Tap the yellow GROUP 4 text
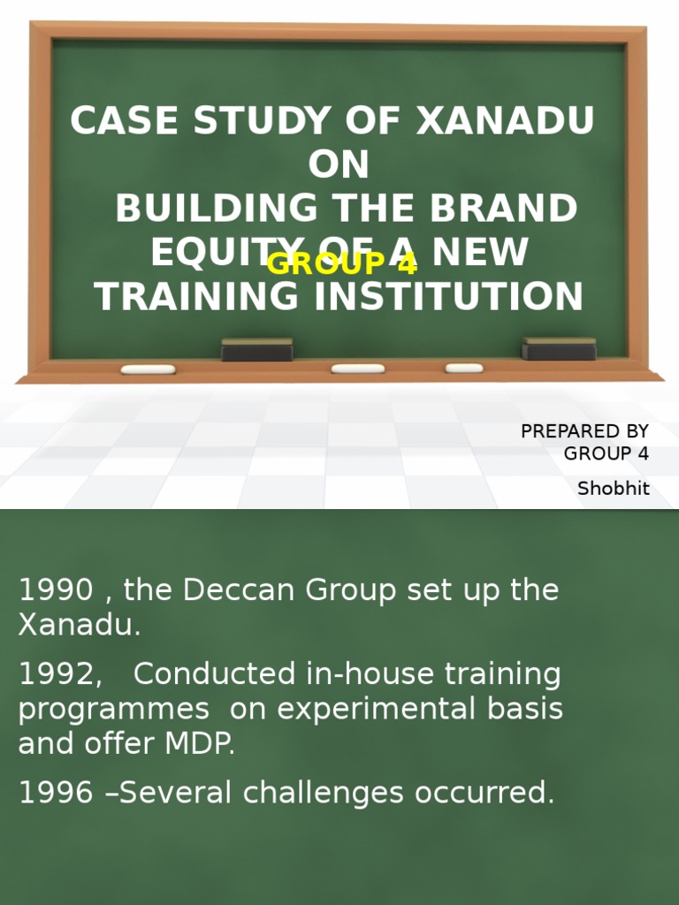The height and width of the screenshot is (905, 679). pyautogui.click(x=341, y=263)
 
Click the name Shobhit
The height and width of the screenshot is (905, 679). pyautogui.click(x=613, y=488)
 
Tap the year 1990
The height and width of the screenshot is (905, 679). pyautogui.click(x=55, y=590)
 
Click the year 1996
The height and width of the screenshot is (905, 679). pyautogui.click(x=55, y=793)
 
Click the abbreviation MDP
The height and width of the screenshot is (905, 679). pyautogui.click(x=201, y=743)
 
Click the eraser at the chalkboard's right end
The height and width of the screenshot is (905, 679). pyautogui.click(x=559, y=349)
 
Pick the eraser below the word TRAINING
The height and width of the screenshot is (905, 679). pyautogui.click(x=256, y=350)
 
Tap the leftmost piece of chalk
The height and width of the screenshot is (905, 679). pyautogui.click(x=148, y=369)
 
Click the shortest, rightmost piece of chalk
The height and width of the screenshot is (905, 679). pyautogui.click(x=464, y=368)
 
